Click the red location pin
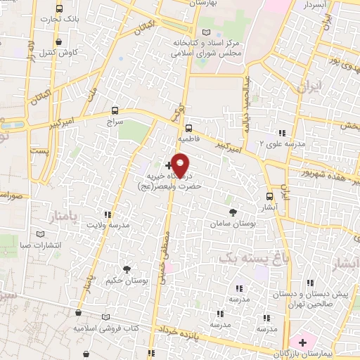[181, 165]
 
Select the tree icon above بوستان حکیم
[127, 269]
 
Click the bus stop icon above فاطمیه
[188, 128]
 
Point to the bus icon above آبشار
[270, 196]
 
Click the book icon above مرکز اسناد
[205, 32]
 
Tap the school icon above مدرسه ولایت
[108, 214]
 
